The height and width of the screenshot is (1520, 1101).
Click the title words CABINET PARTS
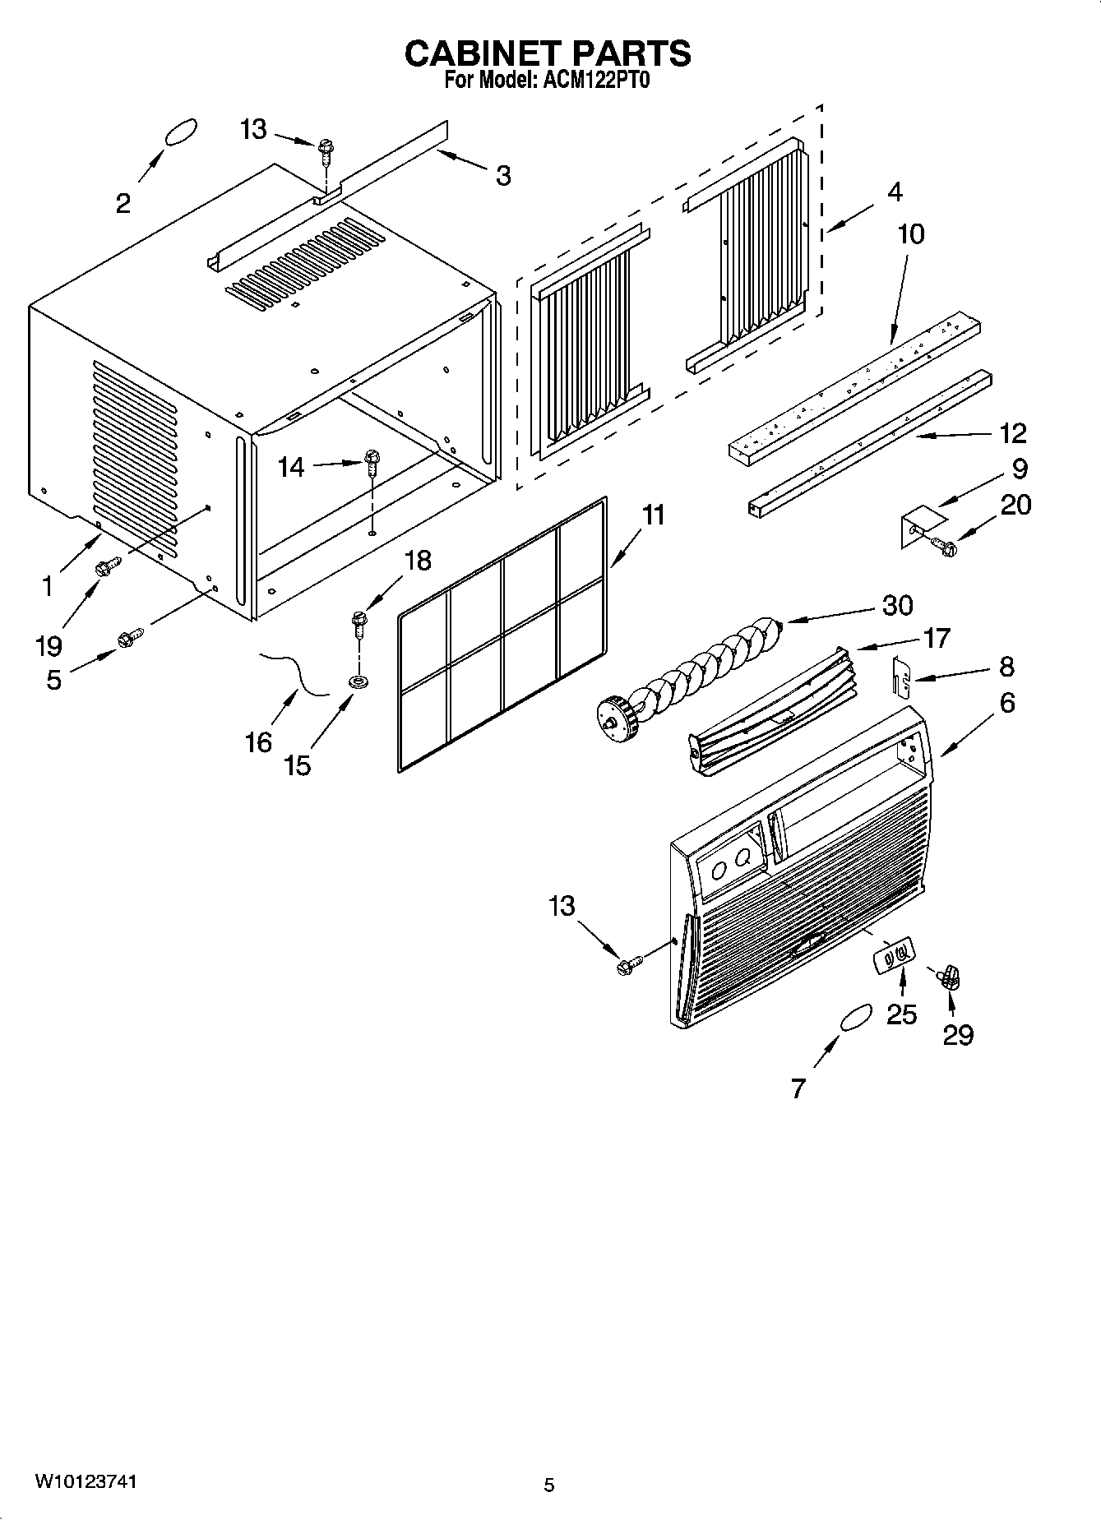(x=548, y=53)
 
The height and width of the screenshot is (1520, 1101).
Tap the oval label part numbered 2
(x=181, y=132)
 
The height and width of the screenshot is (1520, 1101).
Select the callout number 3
(x=502, y=175)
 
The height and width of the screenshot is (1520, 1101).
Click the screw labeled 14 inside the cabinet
(x=370, y=462)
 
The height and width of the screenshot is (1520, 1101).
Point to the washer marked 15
(x=358, y=681)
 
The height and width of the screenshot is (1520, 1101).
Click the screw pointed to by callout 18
(x=359, y=624)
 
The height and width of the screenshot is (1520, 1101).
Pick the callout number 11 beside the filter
(x=653, y=515)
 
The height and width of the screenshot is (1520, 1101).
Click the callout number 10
(x=910, y=234)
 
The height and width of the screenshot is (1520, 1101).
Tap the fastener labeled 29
(x=951, y=977)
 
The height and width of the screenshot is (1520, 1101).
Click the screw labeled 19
(x=107, y=566)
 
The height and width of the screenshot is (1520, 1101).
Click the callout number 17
(x=937, y=637)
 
